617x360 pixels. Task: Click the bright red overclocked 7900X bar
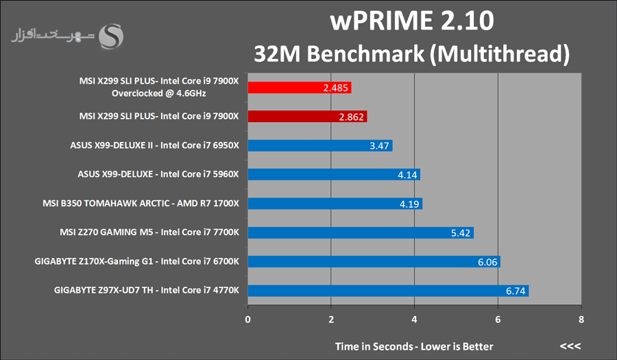tap(299, 88)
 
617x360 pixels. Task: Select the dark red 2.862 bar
tap(307, 117)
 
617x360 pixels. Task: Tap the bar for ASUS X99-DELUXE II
tap(319, 145)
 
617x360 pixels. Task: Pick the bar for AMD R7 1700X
tap(335, 204)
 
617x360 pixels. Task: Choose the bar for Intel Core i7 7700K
tap(360, 232)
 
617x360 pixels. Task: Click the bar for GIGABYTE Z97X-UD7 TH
tap(387, 291)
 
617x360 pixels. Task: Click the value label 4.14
tap(408, 175)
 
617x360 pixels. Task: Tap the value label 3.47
tap(380, 145)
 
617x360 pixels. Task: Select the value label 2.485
tap(335, 88)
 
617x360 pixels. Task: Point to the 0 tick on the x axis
tap(248, 319)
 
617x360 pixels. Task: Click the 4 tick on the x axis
tap(415, 319)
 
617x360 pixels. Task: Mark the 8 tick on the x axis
tap(581, 319)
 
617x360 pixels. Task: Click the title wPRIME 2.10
tap(411, 21)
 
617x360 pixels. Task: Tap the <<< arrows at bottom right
tap(570, 346)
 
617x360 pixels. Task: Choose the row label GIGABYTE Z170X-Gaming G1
tap(136, 262)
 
